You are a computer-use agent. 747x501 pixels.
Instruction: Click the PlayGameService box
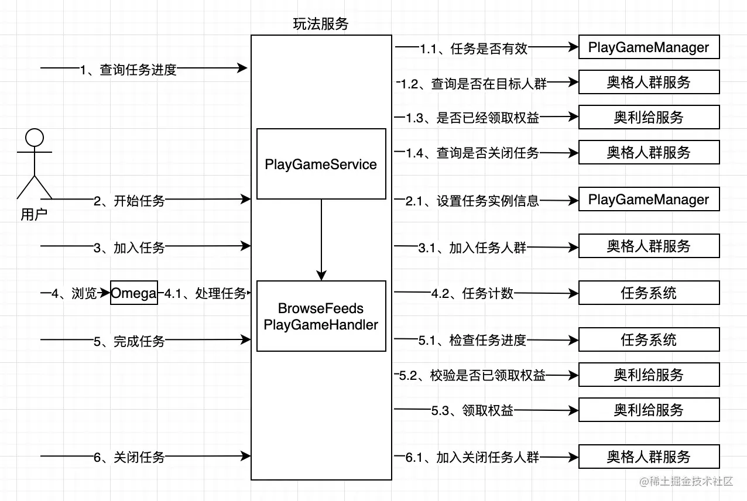click(321, 164)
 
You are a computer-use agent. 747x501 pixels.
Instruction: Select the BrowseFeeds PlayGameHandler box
click(321, 316)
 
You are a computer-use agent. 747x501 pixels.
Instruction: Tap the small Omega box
click(134, 293)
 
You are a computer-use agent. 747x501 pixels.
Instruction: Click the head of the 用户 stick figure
click(35, 138)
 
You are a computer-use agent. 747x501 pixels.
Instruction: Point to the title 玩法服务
click(321, 24)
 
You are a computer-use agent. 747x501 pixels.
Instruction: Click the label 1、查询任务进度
click(128, 70)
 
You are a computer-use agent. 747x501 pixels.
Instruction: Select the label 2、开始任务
click(129, 201)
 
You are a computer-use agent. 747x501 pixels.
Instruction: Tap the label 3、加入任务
click(129, 248)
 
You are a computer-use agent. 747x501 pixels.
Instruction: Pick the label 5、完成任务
click(129, 341)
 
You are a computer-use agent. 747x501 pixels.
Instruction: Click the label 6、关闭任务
click(129, 457)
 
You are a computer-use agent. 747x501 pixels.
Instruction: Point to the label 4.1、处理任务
click(204, 293)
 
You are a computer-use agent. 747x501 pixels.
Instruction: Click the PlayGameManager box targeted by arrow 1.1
click(649, 47)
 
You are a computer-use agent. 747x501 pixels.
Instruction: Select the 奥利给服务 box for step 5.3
click(649, 410)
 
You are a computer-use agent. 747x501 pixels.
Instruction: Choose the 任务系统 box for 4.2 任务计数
click(649, 293)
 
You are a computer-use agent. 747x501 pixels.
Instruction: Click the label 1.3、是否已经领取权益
click(472, 118)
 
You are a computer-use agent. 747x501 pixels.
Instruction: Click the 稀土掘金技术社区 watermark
click(686, 482)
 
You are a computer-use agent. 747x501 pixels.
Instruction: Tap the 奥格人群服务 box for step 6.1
click(649, 457)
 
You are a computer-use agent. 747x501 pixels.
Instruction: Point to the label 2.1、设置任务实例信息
click(472, 201)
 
